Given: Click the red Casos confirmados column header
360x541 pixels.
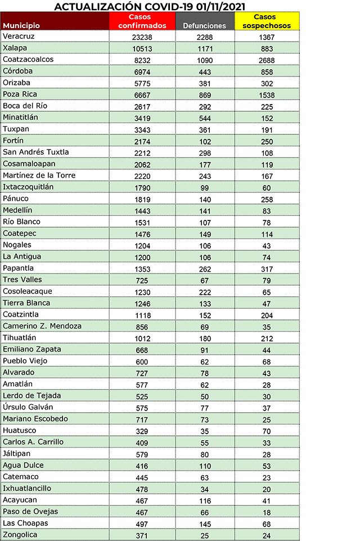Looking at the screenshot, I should (143, 21).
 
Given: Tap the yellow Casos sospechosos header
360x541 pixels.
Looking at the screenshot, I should (267, 21).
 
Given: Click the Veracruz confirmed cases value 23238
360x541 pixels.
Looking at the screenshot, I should (143, 37).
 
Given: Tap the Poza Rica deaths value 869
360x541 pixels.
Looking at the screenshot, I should (205, 94).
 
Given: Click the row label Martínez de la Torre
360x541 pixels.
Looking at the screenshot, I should (39, 175).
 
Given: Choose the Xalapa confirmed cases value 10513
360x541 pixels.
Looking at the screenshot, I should (143, 48).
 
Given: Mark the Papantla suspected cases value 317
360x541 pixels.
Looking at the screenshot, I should (267, 269).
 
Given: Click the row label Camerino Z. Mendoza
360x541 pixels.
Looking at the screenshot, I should (42, 326).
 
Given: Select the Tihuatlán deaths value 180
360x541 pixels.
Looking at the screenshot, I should (205, 338).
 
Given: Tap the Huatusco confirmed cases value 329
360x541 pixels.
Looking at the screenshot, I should (143, 431).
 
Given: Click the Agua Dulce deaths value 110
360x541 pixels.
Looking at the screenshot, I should (205, 466).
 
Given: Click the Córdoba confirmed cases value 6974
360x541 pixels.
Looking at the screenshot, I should (143, 71).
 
